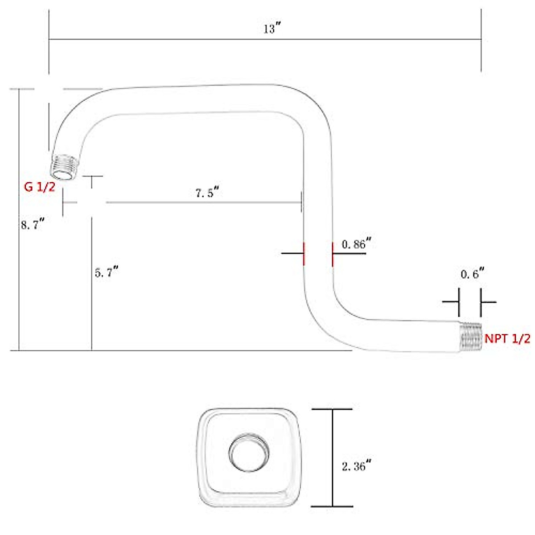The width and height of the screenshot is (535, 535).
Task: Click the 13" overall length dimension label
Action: coord(271,29)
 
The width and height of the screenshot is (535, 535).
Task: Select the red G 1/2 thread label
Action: coord(40,187)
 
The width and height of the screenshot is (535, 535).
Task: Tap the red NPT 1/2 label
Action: coord(507,339)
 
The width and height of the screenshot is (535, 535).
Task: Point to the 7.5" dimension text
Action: coord(207,193)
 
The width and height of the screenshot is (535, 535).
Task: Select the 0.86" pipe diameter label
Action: coord(357,244)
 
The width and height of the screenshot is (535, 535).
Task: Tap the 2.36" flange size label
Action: coord(357,467)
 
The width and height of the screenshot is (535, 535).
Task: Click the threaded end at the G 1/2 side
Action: coord(65,167)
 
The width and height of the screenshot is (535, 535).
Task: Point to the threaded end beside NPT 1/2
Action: coord(471,337)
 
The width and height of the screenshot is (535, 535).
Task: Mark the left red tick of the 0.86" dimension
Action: coord(304,254)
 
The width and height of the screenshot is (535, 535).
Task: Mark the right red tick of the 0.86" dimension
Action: coord(333,254)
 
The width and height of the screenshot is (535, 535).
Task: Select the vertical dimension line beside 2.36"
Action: coord(332,457)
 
